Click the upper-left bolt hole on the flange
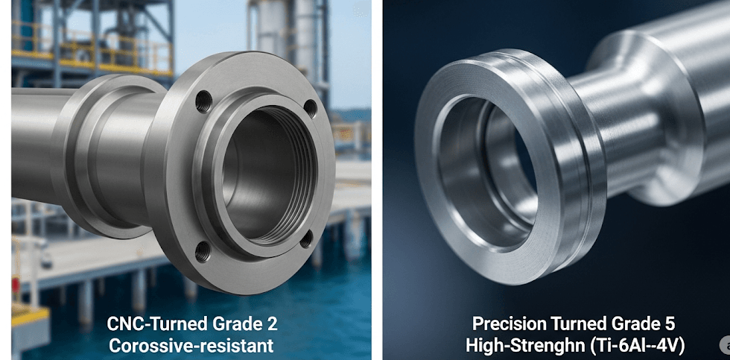pyautogui.click(x=204, y=101)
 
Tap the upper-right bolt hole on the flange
pyautogui.click(x=310, y=108)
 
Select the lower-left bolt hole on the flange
pyautogui.click(x=202, y=251)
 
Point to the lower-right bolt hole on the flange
pyautogui.click(x=306, y=239)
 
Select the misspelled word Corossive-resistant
pyautogui.click(x=191, y=346)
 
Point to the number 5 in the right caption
pyautogui.click(x=670, y=323)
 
